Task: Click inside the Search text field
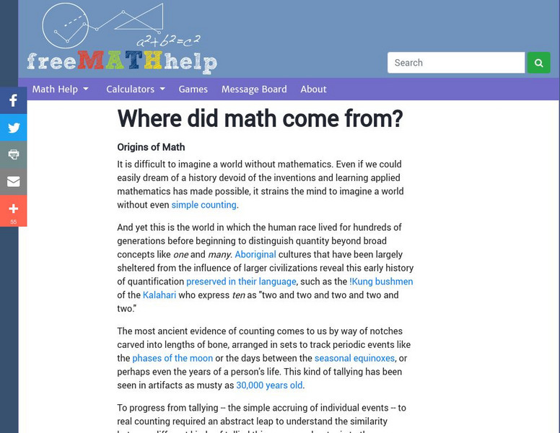(455, 63)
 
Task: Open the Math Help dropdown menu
(60, 89)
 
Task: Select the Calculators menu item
(135, 89)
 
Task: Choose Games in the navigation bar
(193, 89)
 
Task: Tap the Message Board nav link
(254, 89)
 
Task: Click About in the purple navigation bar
(313, 89)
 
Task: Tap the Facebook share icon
(14, 101)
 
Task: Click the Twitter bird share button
(14, 128)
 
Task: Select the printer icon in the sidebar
(14, 154)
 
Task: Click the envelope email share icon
(14, 181)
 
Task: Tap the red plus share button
(14, 210)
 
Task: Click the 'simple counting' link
(204, 205)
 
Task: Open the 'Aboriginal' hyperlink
(255, 255)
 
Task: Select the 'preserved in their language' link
(241, 281)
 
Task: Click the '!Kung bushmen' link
(381, 281)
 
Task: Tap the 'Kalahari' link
(159, 295)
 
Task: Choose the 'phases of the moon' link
(172, 359)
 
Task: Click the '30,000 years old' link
(269, 385)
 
